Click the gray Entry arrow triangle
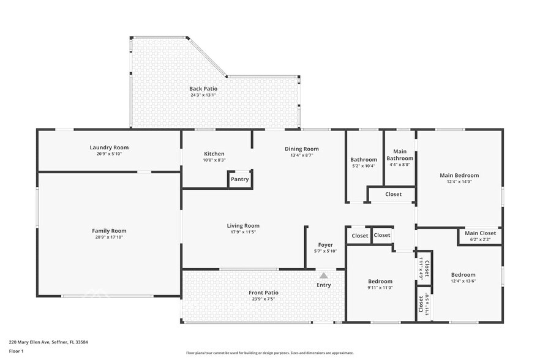point(323,276)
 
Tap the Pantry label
point(240,179)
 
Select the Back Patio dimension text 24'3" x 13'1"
point(203,95)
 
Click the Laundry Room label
point(109,148)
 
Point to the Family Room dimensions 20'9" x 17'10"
point(109,238)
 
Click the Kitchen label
point(214,154)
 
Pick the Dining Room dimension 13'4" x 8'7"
point(302,156)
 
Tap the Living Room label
point(243,226)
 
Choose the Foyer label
point(326,245)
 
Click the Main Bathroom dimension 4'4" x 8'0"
point(400,165)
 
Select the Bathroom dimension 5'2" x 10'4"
point(364,166)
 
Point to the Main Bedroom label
point(459,175)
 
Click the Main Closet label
point(481,233)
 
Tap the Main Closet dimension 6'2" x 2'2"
point(481,239)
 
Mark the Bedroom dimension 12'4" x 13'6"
point(463,281)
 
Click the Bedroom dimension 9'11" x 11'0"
point(380,288)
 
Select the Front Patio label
point(263,293)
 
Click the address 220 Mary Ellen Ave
point(29,342)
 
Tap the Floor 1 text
point(16,351)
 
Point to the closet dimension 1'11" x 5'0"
point(427,304)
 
